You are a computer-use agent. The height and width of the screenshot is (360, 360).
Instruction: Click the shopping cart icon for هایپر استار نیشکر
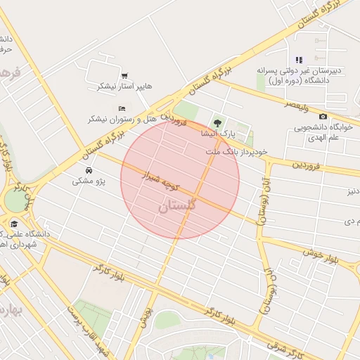pos(124,75)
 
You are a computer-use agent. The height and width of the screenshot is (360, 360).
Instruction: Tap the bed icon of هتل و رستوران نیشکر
pos(122,108)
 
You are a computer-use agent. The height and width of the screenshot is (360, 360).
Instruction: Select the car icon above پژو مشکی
pos(88,171)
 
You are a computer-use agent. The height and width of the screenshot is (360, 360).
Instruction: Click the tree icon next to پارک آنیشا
pos(217,123)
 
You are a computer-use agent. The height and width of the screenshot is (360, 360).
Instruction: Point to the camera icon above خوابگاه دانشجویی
pos(323,117)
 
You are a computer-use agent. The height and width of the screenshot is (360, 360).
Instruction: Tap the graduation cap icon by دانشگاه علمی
pos(13,224)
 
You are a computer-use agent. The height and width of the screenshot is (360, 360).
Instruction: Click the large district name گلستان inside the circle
pos(174,206)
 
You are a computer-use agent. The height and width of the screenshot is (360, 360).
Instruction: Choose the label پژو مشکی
pos(89,181)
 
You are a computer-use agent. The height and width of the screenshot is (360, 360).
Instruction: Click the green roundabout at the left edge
pos(15,200)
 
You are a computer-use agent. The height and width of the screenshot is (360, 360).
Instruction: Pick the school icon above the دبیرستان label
pos(299,60)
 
